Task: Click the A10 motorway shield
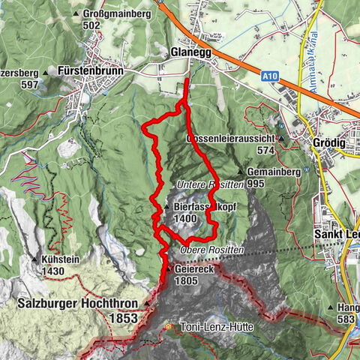click(271, 75)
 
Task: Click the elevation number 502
click(91, 25)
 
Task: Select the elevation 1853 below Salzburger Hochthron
click(122, 318)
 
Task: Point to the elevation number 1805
click(187, 280)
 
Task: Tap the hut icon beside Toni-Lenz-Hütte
click(169, 327)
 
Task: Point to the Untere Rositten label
click(210, 184)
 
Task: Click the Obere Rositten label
click(212, 249)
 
